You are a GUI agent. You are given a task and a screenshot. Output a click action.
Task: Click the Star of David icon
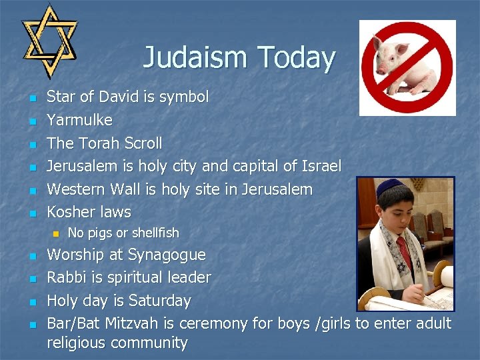[x=49, y=40]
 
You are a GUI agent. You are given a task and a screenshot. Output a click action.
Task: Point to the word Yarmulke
[x=79, y=120]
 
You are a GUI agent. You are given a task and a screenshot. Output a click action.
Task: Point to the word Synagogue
[x=167, y=255]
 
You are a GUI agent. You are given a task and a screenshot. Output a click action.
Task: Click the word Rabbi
[x=65, y=277]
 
